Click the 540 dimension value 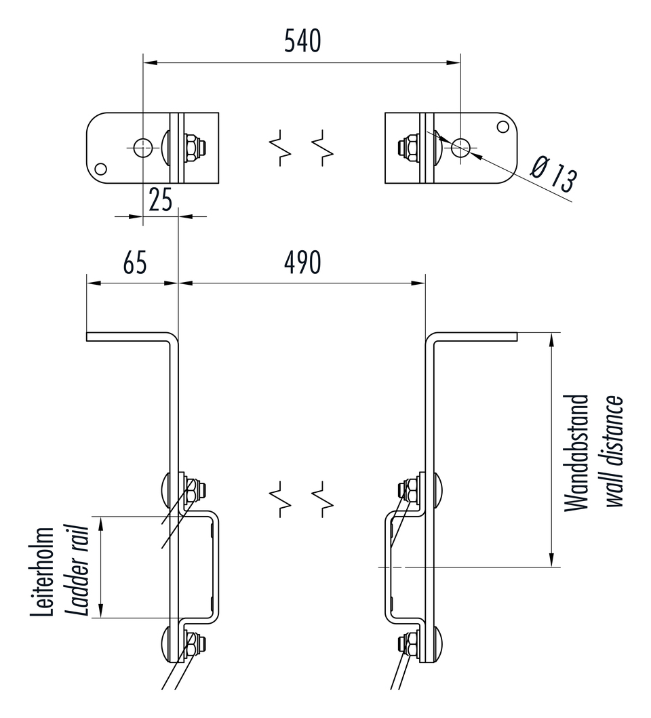[x=302, y=41]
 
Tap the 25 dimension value [x=160, y=200]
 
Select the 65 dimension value [x=135, y=262]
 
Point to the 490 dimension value [x=302, y=262]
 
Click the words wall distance [x=614, y=451]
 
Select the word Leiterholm [x=42, y=572]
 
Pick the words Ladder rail [x=77, y=570]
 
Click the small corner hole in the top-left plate [x=101, y=169]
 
